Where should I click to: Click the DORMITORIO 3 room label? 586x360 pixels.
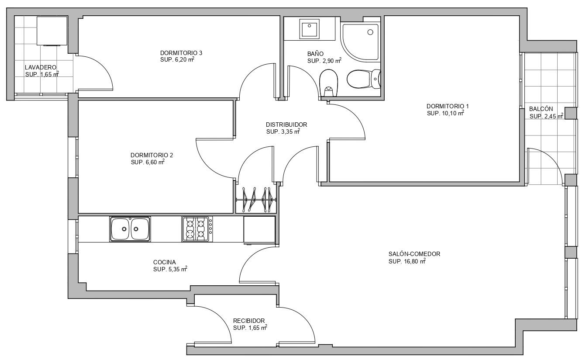pyautogui.click(x=181, y=53)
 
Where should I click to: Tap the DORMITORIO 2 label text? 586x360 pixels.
pyautogui.click(x=152, y=155)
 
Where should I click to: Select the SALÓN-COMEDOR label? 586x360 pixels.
pyautogui.click(x=414, y=254)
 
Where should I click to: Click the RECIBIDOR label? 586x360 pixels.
pyautogui.click(x=249, y=321)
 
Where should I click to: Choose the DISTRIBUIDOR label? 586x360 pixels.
pyautogui.click(x=286, y=125)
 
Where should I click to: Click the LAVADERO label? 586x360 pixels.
pyautogui.click(x=41, y=67)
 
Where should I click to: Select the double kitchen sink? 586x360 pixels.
pyautogui.click(x=130, y=229)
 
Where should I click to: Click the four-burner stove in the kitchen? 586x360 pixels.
pyautogui.click(x=197, y=229)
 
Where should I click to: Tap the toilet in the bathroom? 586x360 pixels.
pyautogui.click(x=364, y=79)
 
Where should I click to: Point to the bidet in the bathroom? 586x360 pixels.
pyautogui.click(x=328, y=83)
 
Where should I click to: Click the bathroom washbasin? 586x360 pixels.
pyautogui.click(x=310, y=28)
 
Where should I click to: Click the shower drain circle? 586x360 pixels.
pyautogui.click(x=370, y=32)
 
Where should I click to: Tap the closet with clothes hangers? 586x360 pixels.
pyautogui.click(x=256, y=200)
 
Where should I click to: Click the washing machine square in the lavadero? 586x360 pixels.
pyautogui.click(x=52, y=31)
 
